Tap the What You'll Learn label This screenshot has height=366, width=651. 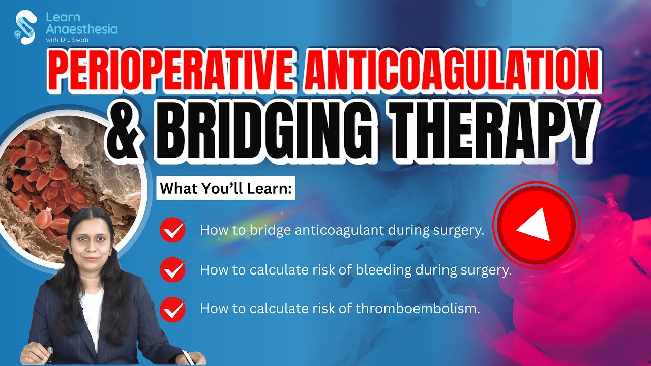pos(226,189)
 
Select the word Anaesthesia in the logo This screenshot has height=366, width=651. pos(81,29)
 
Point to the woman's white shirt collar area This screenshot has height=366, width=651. pos(92,305)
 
